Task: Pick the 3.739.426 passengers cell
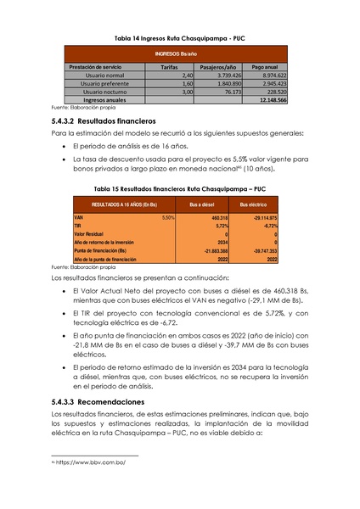coord(224,75)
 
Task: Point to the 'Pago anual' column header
coord(266,65)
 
